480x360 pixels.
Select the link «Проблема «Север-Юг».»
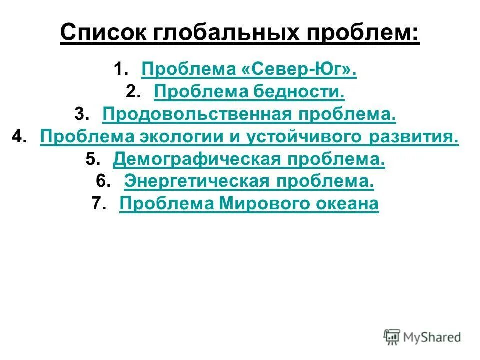pyautogui.click(x=249, y=70)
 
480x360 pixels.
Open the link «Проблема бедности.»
pyautogui.click(x=249, y=92)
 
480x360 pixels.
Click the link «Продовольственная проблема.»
pyautogui.click(x=249, y=115)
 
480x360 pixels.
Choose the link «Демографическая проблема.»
pyautogui.click(x=249, y=160)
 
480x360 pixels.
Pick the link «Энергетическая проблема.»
pyautogui.click(x=249, y=182)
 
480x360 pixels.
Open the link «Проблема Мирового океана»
pyautogui.click(x=249, y=205)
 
